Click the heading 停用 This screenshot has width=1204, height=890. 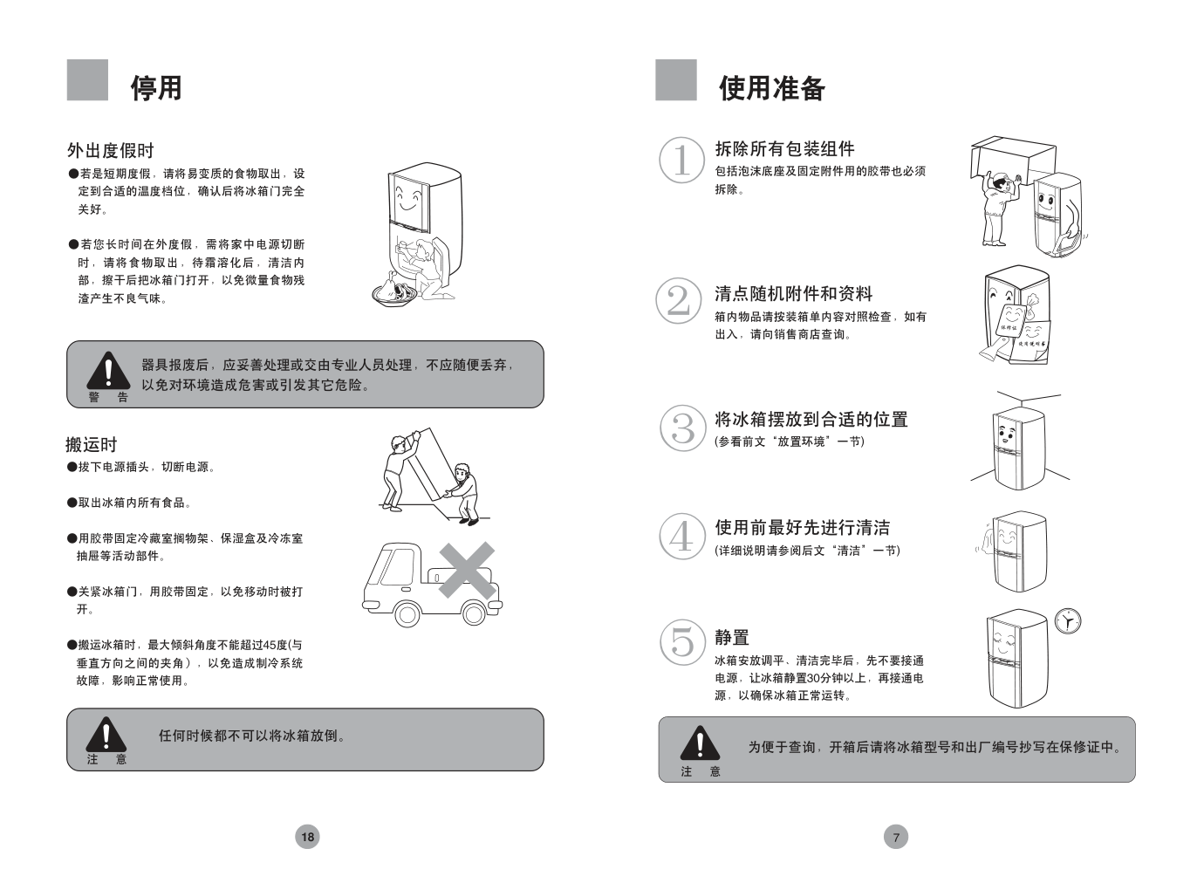click(x=156, y=88)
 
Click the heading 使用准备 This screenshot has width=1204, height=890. click(x=772, y=88)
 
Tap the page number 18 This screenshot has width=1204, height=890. click(x=307, y=837)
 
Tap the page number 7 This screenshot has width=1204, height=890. click(x=896, y=837)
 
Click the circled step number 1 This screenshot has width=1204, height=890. click(x=681, y=161)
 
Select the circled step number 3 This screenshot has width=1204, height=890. click(x=682, y=428)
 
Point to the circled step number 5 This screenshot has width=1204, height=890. click(x=682, y=642)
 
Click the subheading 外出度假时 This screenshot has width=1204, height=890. click(x=111, y=150)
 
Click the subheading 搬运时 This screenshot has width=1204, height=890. click(x=92, y=445)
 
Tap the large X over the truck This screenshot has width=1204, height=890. click(x=467, y=570)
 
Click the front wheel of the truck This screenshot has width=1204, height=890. click(x=407, y=614)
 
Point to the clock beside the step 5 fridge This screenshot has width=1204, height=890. click(x=1067, y=621)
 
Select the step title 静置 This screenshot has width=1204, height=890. click(x=732, y=637)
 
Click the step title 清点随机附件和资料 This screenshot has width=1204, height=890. click(x=794, y=294)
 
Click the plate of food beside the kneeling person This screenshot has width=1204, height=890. click(x=395, y=294)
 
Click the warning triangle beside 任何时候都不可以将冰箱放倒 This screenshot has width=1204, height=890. click(x=106, y=734)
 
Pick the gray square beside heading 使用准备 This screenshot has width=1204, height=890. click(x=676, y=79)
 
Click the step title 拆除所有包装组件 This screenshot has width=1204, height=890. click(x=784, y=149)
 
